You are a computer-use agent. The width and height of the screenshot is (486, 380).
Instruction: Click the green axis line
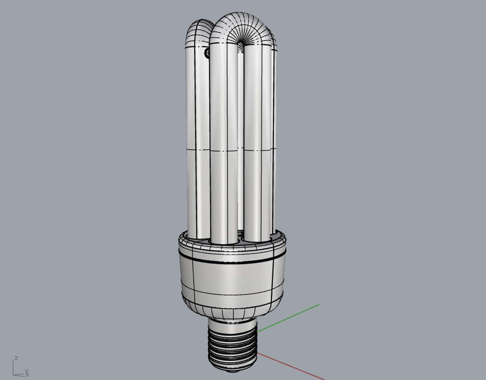pos(289,317)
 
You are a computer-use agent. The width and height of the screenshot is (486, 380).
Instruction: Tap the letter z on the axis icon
pos(16,358)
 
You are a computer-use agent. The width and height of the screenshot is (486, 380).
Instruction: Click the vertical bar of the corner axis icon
pos(14,367)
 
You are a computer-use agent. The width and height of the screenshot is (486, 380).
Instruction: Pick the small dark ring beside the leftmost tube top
pos(207,53)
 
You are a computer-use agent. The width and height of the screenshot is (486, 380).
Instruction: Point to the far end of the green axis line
pos(319,304)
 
